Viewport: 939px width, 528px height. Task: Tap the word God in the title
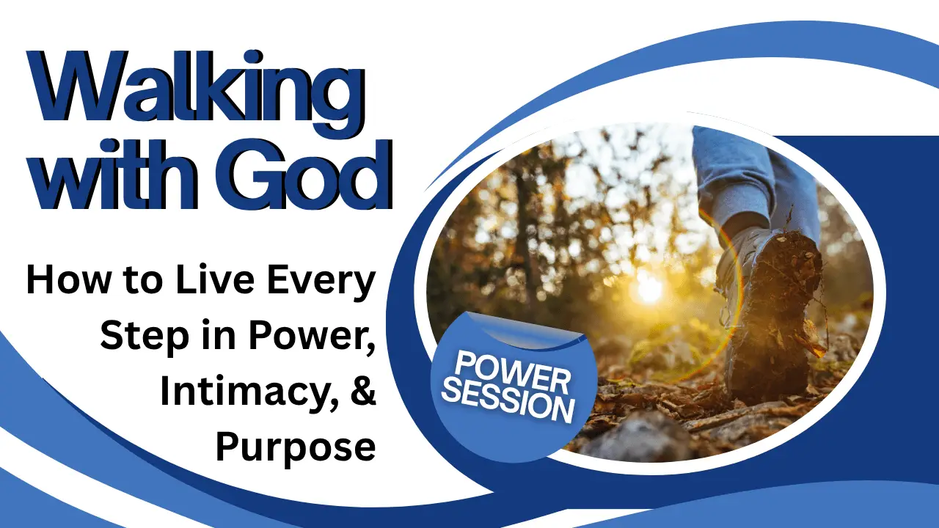click(304, 175)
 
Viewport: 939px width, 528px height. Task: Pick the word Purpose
click(296, 448)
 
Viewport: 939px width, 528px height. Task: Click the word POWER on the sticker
click(512, 373)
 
